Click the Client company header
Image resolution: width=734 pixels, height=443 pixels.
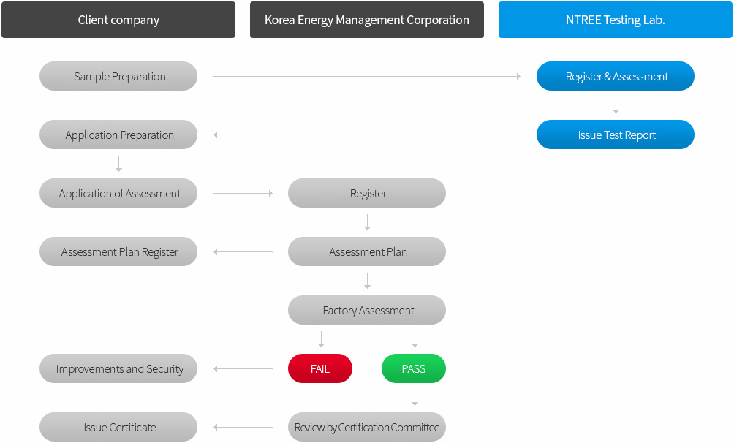[x=118, y=20]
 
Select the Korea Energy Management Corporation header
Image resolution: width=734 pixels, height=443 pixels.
[x=367, y=20]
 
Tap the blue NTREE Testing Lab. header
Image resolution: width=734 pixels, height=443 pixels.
[x=616, y=20]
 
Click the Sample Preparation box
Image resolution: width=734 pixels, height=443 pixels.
[x=118, y=76]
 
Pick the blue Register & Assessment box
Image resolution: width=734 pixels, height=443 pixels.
[x=616, y=76]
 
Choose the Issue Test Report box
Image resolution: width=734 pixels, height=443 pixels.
[x=616, y=135]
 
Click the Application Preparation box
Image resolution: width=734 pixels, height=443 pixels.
[x=118, y=135]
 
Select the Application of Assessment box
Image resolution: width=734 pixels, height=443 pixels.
[x=118, y=194]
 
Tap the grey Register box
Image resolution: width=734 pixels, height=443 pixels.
[x=367, y=194]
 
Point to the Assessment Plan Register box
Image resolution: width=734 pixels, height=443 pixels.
[x=118, y=252]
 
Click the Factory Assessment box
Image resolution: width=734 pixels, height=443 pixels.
[x=367, y=311]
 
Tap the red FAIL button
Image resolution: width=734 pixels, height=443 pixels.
[x=320, y=369]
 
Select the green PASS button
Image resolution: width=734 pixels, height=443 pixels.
[x=414, y=369]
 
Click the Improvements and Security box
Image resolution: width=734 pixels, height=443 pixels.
[x=118, y=369]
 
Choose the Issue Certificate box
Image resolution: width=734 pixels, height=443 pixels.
[x=118, y=428]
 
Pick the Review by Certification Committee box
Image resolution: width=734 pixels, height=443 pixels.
[x=367, y=428]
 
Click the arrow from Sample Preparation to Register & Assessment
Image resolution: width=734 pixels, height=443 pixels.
[x=367, y=76]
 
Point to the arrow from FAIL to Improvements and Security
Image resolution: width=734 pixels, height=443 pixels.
[x=243, y=369]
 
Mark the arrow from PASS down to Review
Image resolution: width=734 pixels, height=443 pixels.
[x=415, y=398]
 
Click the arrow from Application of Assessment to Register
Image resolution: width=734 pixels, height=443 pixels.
[x=243, y=194]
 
